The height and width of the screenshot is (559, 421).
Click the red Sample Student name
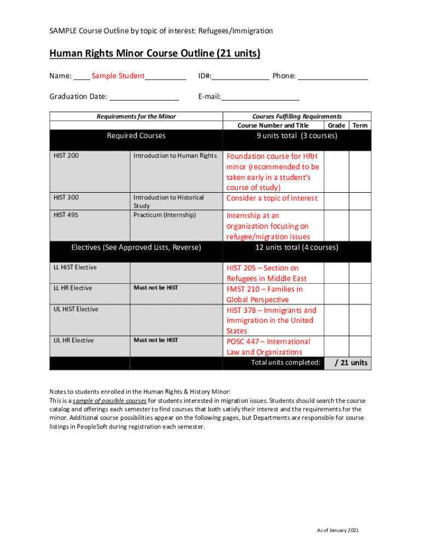118,76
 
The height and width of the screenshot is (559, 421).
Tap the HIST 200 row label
66,156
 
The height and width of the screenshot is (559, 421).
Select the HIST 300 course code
66,198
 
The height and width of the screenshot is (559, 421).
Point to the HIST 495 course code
66,215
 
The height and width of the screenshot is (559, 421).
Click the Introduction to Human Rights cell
175,156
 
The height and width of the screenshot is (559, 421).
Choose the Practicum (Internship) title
165,215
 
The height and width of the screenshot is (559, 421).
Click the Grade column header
337,126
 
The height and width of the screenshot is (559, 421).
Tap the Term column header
360,126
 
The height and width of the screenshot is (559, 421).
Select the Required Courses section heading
136,136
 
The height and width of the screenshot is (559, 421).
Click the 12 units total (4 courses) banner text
296,248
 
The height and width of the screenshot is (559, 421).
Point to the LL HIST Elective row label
75,267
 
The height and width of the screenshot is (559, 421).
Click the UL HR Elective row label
73,341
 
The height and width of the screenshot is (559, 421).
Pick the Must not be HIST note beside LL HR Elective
156,288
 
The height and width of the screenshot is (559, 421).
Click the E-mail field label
209,97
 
